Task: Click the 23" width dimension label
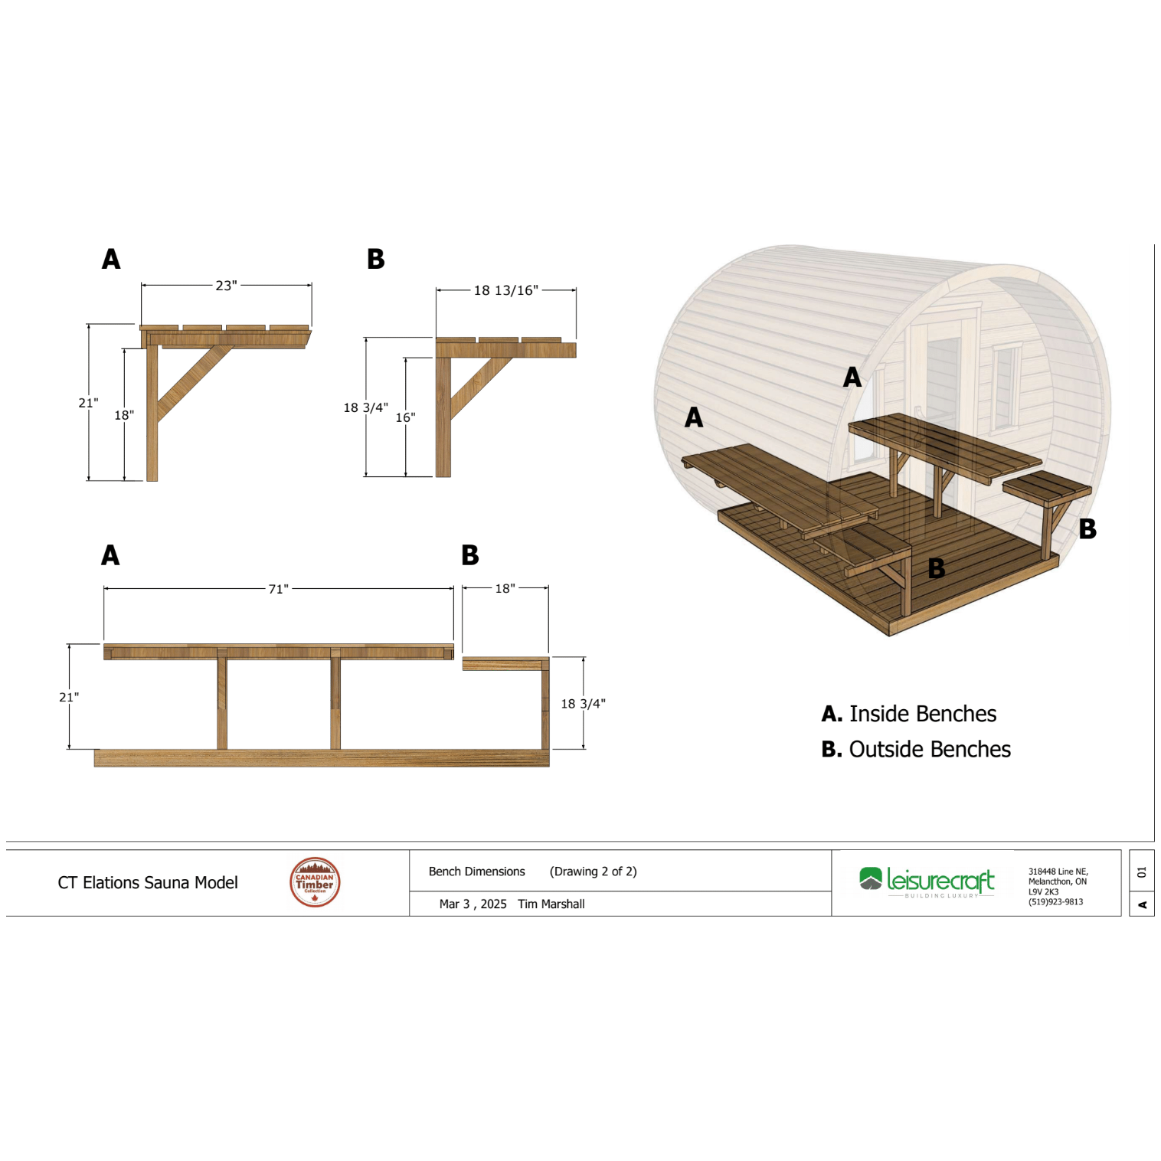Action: tap(226, 286)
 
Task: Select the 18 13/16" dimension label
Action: tap(505, 290)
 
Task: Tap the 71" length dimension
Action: tap(278, 589)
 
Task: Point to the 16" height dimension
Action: tap(405, 417)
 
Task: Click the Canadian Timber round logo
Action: tap(315, 882)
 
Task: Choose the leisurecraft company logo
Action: tap(927, 881)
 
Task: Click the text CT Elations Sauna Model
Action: tap(148, 883)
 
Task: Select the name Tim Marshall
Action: tap(551, 904)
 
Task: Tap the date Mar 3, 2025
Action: tap(473, 904)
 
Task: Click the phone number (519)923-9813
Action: tap(1055, 902)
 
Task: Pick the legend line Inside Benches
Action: tap(909, 714)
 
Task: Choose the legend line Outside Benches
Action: tap(916, 749)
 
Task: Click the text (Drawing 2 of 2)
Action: tap(593, 872)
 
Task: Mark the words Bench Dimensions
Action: tap(476, 872)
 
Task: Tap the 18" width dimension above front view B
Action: tap(505, 589)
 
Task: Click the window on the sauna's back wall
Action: tap(1004, 387)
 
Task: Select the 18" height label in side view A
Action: tap(124, 415)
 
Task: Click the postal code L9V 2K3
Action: tap(1043, 892)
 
